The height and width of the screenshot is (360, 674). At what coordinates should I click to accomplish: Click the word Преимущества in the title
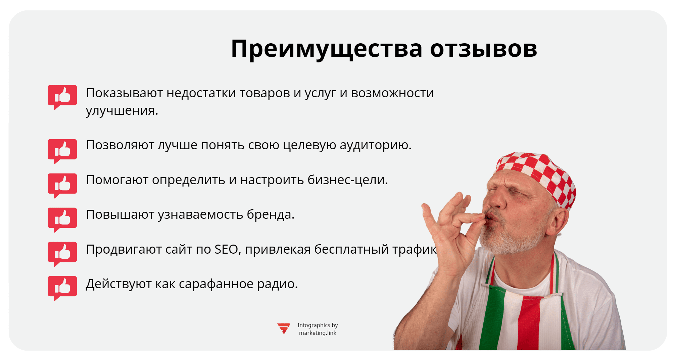[326, 49]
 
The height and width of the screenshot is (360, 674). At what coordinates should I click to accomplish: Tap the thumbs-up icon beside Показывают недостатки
[62, 97]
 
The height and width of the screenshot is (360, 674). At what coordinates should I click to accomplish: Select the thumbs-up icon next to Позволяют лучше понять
[62, 151]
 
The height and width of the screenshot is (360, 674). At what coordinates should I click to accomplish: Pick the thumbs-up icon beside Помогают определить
[62, 185]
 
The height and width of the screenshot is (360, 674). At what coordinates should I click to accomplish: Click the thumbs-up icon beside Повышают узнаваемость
[62, 219]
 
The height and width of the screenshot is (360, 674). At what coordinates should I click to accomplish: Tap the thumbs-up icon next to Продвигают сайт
[62, 253]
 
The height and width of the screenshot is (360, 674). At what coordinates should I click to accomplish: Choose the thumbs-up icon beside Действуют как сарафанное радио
[62, 288]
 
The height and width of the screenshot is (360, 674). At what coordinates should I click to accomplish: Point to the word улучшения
[122, 111]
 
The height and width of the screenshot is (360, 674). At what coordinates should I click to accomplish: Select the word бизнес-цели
[347, 180]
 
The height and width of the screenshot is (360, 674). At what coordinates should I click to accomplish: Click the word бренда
[270, 215]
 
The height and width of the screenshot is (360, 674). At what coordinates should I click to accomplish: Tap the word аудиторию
[375, 145]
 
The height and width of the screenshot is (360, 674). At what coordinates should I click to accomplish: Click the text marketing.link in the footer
[318, 333]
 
